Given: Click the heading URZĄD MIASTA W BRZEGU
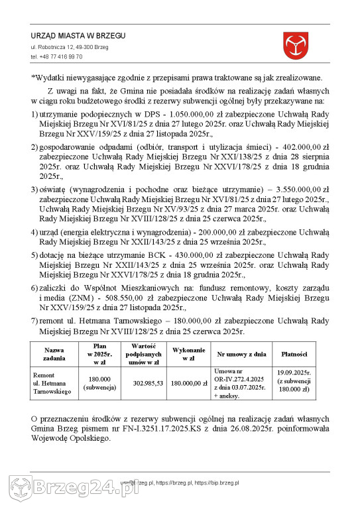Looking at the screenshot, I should click(x=78, y=35).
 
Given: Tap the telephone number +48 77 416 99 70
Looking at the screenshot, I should click(x=56, y=57).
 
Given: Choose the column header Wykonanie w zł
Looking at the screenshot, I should click(x=188, y=353).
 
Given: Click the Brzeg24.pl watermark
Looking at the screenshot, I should click(x=80, y=490).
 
